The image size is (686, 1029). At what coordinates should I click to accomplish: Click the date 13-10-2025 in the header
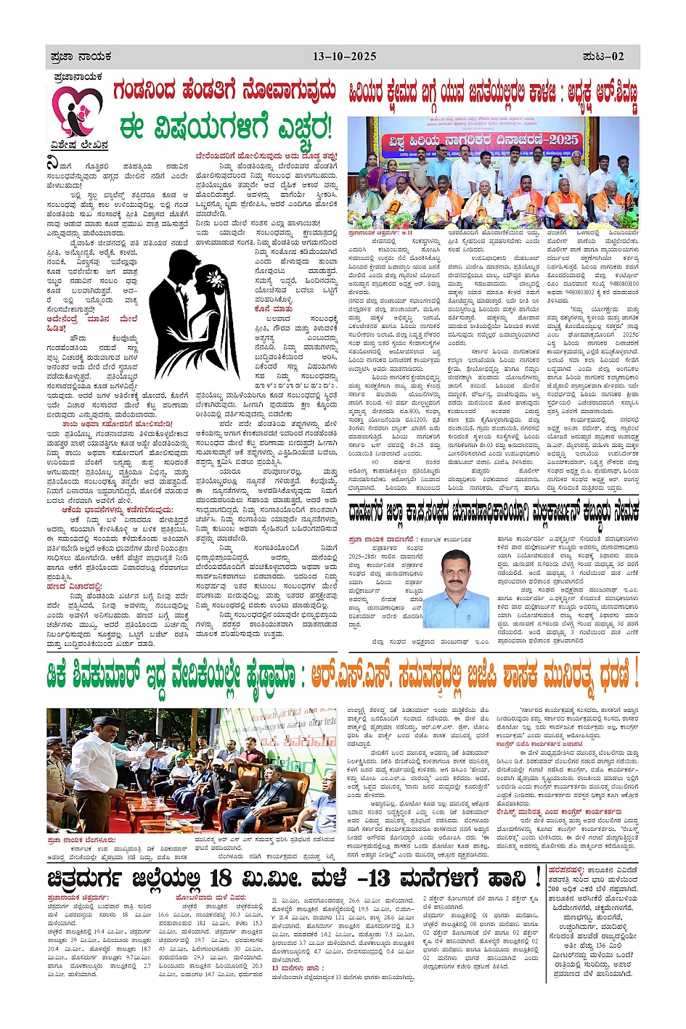344,56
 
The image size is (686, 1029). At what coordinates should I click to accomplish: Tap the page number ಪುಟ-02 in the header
603,56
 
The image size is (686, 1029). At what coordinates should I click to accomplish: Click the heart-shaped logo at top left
77,110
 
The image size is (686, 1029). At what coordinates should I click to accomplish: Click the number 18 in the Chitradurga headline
221,878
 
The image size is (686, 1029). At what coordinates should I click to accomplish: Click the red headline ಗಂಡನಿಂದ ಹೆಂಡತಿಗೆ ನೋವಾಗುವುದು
224,92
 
